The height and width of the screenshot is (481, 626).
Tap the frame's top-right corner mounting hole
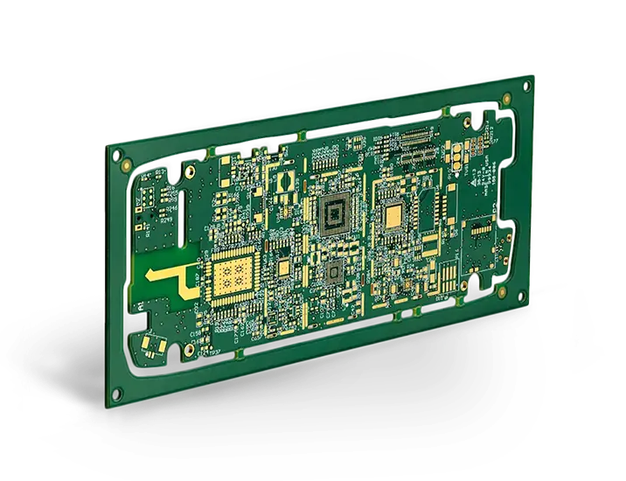click(x=527, y=86)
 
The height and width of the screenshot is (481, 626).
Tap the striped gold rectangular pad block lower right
click(x=447, y=280)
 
